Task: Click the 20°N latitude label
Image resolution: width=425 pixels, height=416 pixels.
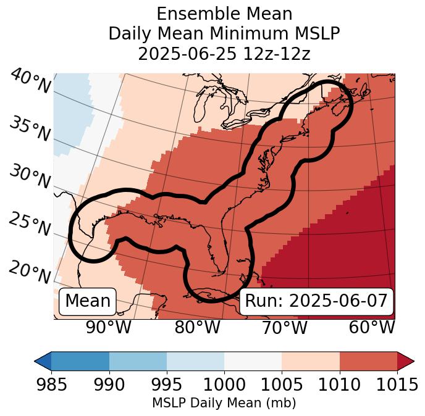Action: [x=29, y=272]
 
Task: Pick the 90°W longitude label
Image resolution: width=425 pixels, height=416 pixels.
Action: [x=108, y=327]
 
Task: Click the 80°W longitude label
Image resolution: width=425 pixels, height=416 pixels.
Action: [x=197, y=327]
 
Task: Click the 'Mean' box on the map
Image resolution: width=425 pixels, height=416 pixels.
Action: [x=88, y=301]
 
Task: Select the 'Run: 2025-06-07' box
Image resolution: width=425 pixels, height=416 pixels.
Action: [x=316, y=301]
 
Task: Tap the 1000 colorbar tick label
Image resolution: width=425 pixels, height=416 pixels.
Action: [x=224, y=385]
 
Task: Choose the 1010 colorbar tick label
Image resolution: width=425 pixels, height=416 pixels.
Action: [x=339, y=385]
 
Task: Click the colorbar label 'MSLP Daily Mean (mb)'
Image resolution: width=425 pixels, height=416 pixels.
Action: [x=224, y=404]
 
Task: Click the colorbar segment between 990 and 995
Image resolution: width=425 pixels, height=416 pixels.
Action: [x=138, y=361]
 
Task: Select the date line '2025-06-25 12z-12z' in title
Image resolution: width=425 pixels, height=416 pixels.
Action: [x=224, y=54]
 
